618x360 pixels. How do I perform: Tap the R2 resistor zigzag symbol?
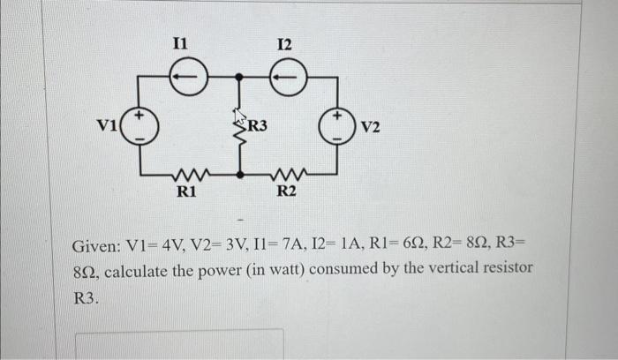[x=287, y=175]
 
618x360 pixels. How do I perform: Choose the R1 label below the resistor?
[x=186, y=191]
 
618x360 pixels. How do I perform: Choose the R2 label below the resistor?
[x=286, y=191]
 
